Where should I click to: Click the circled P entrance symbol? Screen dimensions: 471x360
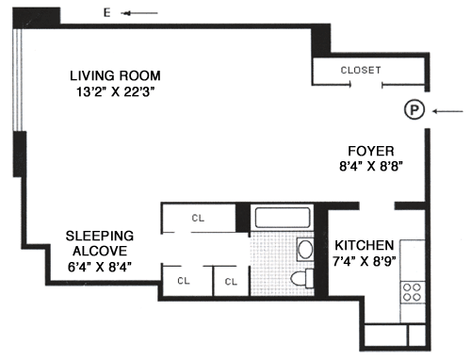414,109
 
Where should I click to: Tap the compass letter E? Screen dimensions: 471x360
107,12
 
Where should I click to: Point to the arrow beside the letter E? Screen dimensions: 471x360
139,13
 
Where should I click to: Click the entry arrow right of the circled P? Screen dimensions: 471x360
447,111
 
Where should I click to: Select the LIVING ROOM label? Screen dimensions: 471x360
115,75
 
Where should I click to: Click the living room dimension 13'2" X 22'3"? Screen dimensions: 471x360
116,92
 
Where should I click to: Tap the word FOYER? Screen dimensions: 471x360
371,151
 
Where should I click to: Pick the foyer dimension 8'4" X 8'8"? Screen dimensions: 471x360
371,166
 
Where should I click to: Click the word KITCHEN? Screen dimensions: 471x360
365,245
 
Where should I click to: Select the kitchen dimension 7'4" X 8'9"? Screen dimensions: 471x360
365,261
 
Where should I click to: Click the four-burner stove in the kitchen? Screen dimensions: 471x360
412,292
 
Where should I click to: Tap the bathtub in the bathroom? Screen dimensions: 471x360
283,217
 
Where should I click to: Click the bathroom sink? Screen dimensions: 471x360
305,250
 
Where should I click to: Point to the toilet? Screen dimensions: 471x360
302,278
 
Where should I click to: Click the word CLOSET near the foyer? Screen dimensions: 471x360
361,70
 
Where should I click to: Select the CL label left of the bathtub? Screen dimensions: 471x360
198,218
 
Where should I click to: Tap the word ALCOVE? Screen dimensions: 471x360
100,251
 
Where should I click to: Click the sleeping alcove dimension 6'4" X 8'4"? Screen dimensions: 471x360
100,267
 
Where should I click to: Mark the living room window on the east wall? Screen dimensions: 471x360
18,79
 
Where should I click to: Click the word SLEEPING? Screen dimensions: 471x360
100,236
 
